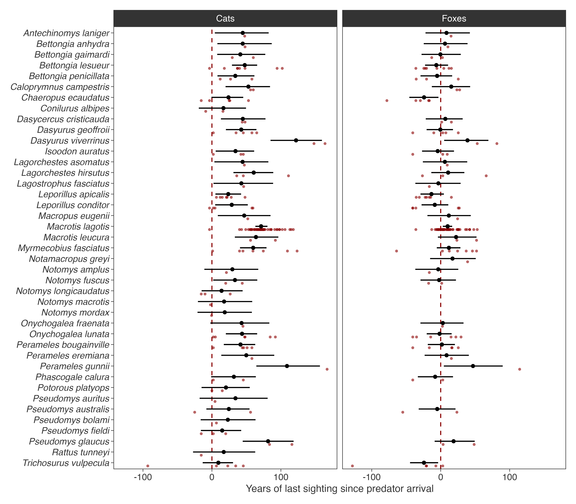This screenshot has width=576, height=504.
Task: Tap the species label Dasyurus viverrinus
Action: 70,141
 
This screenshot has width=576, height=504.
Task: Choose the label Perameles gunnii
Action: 75,366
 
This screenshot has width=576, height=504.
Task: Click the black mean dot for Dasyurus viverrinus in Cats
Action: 296,140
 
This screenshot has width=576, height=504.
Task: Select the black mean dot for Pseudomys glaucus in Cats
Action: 268,441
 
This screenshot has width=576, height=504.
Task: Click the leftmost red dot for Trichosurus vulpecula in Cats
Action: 148,466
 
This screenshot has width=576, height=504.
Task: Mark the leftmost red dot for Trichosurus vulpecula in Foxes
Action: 352,466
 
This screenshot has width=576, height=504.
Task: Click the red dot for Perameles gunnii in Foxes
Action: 519,369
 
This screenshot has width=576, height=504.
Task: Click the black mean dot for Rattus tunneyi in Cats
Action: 224,452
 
